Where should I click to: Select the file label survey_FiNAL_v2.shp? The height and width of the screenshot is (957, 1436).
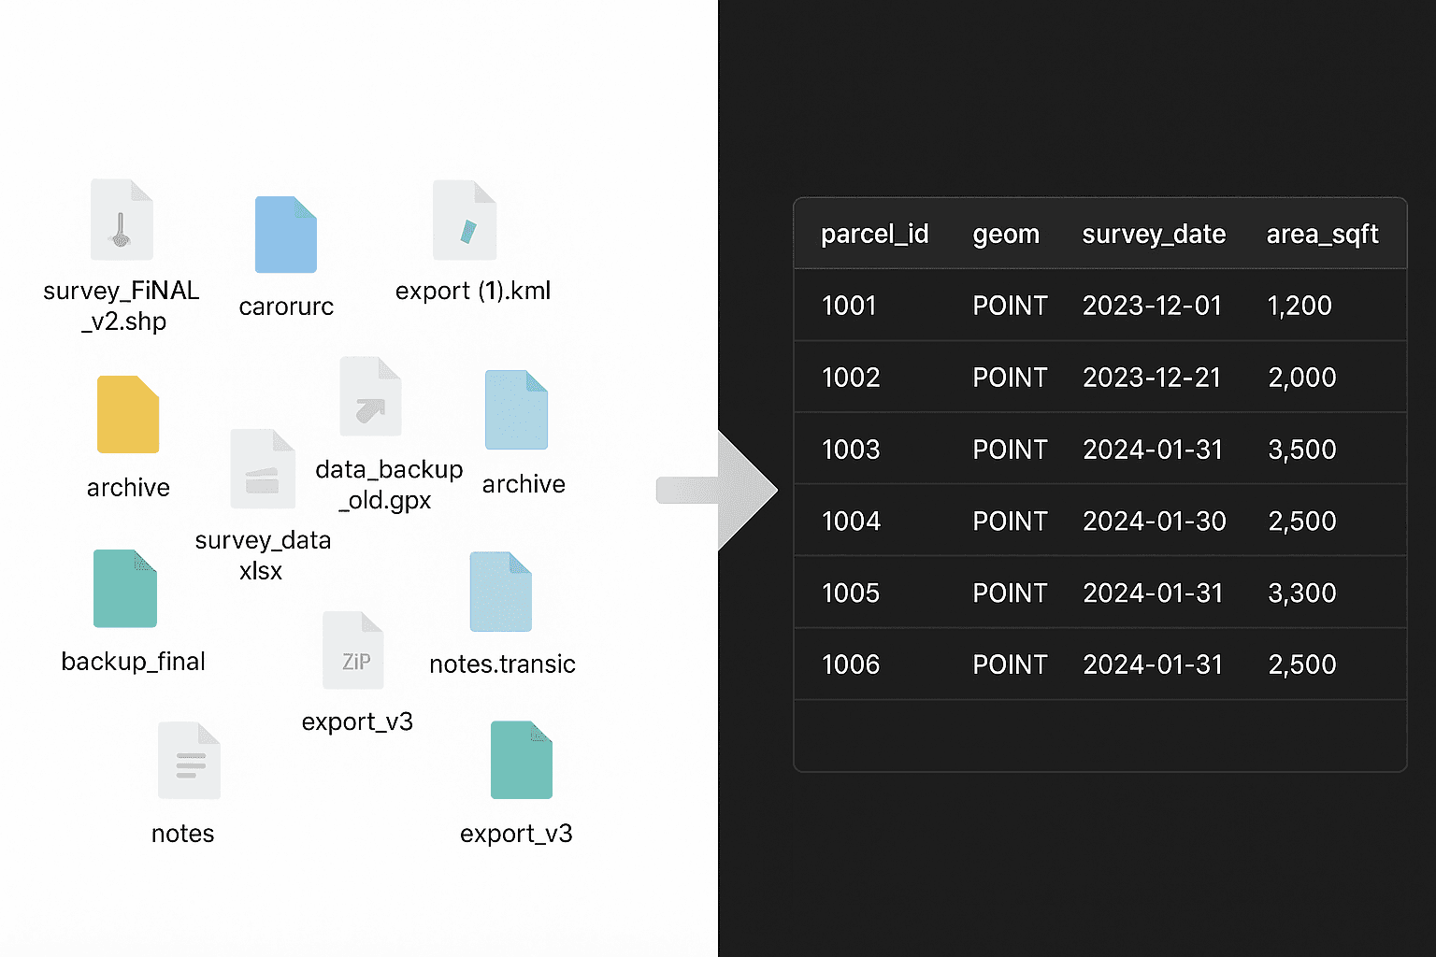pyautogui.click(x=122, y=306)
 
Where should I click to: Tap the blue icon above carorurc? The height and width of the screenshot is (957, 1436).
pyautogui.click(x=286, y=235)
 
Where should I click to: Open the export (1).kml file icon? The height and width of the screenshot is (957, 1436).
pyautogui.click(x=465, y=221)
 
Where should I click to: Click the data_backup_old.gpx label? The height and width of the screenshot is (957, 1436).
pyautogui.click(x=389, y=484)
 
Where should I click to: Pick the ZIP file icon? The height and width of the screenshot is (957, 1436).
pyautogui.click(x=353, y=650)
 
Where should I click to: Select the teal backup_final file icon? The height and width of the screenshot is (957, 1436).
pyautogui.click(x=125, y=589)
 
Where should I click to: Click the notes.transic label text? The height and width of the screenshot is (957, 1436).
pyautogui.click(x=502, y=664)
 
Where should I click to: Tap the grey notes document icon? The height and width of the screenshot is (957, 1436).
pyautogui.click(x=189, y=761)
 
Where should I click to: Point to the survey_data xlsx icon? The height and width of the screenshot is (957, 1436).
pyautogui.click(x=263, y=469)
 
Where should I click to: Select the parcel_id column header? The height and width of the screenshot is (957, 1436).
pyautogui.click(x=874, y=234)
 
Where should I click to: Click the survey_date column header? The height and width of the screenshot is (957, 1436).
pyautogui.click(x=1154, y=234)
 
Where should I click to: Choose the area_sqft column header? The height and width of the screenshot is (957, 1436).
pyautogui.click(x=1322, y=234)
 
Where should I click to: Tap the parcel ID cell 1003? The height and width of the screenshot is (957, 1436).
pyautogui.click(x=851, y=450)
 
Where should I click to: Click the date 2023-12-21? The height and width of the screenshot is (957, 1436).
pyautogui.click(x=1152, y=378)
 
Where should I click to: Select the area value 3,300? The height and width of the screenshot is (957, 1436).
pyautogui.click(x=1301, y=593)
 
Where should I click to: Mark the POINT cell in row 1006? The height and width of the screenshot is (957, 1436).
pyautogui.click(x=1010, y=664)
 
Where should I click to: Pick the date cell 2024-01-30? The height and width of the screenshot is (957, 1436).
pyautogui.click(x=1154, y=521)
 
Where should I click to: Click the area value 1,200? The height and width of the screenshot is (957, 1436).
pyautogui.click(x=1299, y=306)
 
